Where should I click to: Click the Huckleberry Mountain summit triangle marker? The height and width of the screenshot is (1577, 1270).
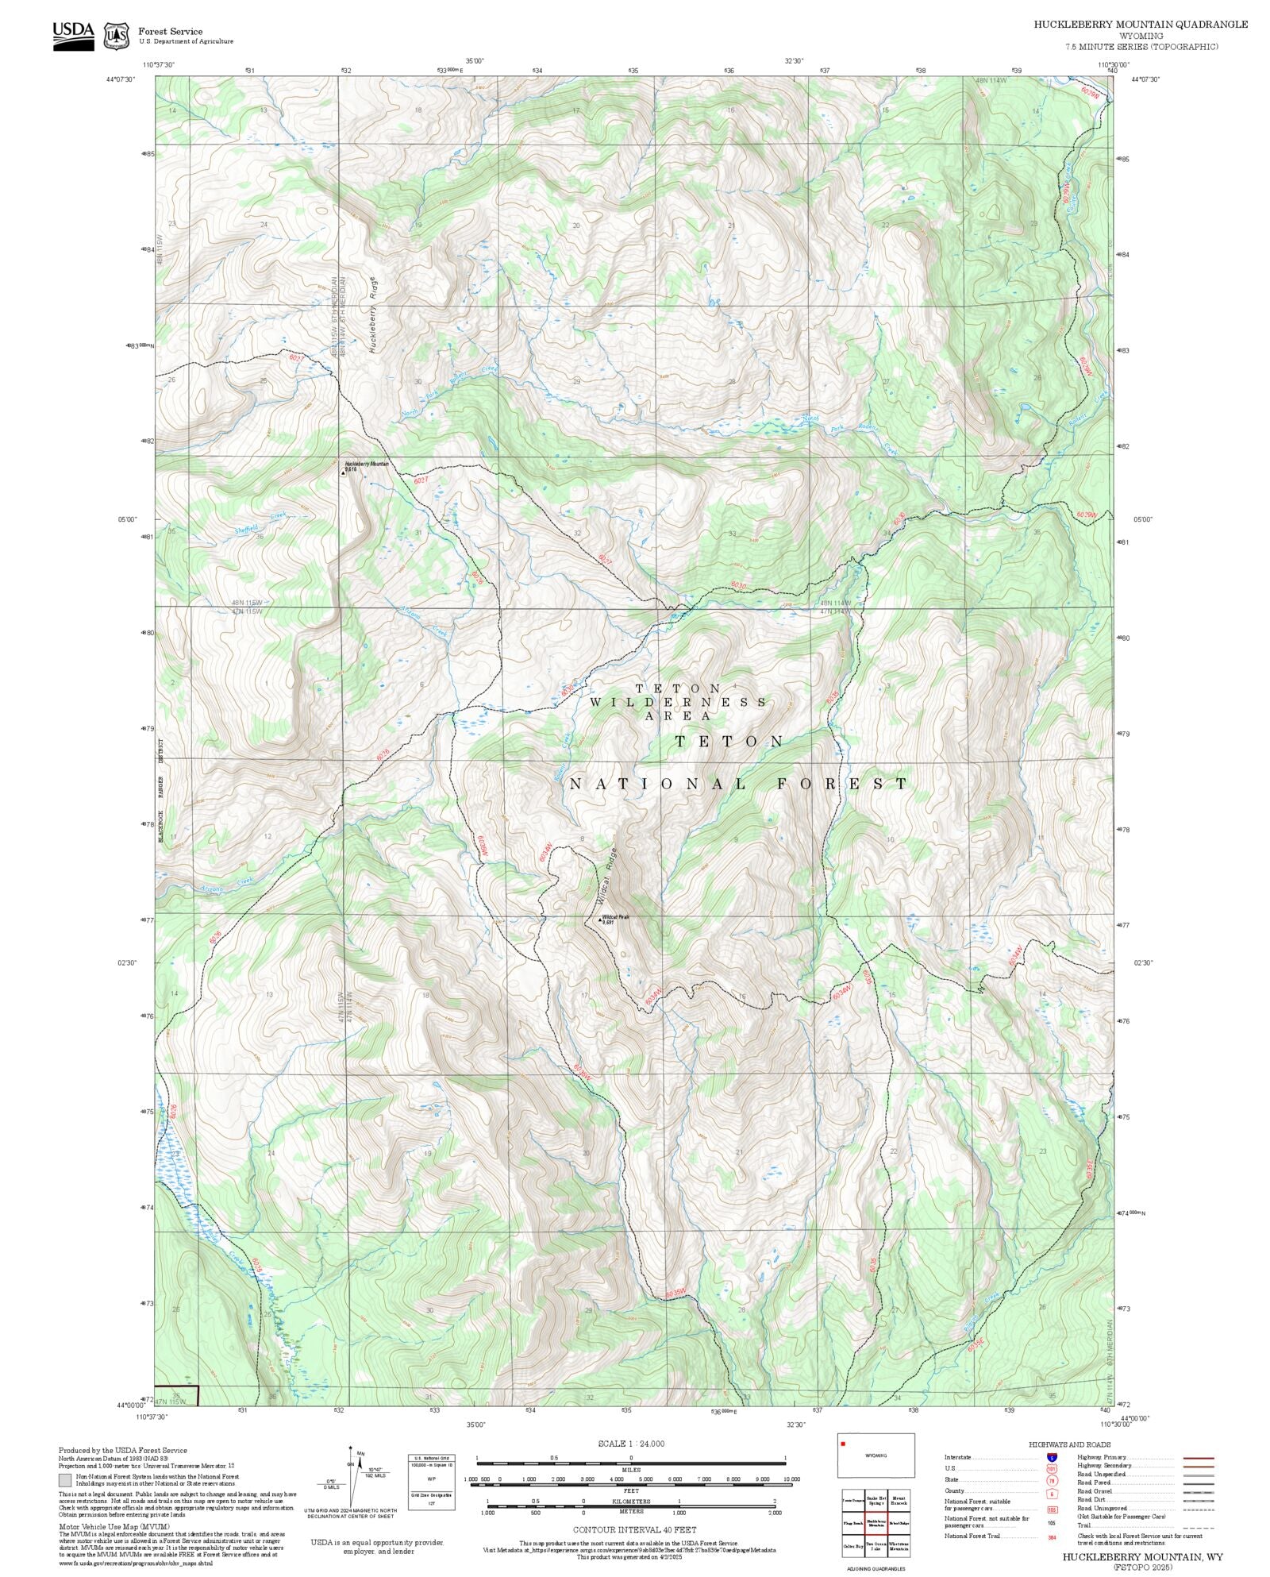tap(343, 472)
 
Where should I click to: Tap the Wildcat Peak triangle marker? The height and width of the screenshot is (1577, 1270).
tap(599, 920)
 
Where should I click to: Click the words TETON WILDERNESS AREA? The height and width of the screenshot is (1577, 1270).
tap(679, 702)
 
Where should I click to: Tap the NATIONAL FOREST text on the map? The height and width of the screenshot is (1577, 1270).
tap(738, 785)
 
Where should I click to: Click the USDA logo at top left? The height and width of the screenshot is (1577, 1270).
tap(73, 35)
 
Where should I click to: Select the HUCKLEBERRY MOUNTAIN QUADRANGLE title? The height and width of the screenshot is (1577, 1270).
tap(1140, 25)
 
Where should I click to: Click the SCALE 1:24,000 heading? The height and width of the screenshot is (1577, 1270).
tap(631, 1444)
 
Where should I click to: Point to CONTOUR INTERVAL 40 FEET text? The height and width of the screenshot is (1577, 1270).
tap(635, 1529)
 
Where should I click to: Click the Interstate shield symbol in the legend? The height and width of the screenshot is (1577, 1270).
tap(1052, 1458)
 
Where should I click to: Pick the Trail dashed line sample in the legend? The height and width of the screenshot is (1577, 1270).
tap(1198, 1525)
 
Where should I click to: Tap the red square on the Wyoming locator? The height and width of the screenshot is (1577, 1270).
tap(843, 1444)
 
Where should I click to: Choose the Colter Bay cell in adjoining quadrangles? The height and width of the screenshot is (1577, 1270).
tap(853, 1546)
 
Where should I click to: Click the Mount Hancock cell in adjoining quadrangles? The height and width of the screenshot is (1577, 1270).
tap(899, 1499)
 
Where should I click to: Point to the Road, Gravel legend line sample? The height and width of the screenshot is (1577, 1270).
tap(1198, 1490)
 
